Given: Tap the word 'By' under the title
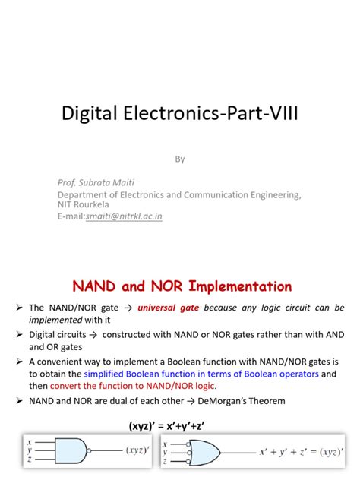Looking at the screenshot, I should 180,159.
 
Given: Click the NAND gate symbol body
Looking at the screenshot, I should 77,449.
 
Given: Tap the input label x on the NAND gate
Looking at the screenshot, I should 29,441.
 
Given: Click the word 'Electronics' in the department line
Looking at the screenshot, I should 145,194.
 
